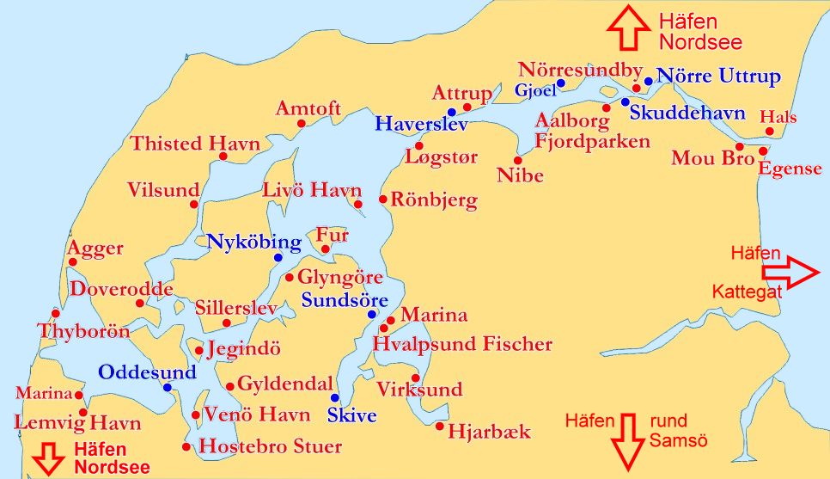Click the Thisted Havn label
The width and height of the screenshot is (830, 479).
coord(195,144)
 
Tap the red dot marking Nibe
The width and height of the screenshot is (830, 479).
coord(517,160)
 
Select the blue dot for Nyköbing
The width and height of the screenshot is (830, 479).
coord(278,257)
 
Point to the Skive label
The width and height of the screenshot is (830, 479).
coord(352,416)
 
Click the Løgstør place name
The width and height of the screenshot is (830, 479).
coord(441,157)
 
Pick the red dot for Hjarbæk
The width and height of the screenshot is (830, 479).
coord(440,426)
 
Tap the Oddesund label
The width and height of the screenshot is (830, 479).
coord(147,372)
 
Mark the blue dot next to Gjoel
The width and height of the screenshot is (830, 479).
coord(560,83)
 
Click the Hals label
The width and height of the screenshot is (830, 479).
coord(778,117)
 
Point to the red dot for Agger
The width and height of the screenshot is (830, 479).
coord(73,262)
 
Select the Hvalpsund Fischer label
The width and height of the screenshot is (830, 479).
coord(462,345)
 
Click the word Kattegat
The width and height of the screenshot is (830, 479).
coord(747,293)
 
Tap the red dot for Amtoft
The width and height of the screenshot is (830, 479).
coord(302,124)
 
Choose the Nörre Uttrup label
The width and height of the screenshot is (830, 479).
coord(718,77)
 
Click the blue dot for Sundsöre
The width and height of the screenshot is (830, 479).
coord(372,314)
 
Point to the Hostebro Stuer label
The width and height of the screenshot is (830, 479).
coord(270,447)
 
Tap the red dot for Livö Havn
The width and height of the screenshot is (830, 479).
coord(357,204)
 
